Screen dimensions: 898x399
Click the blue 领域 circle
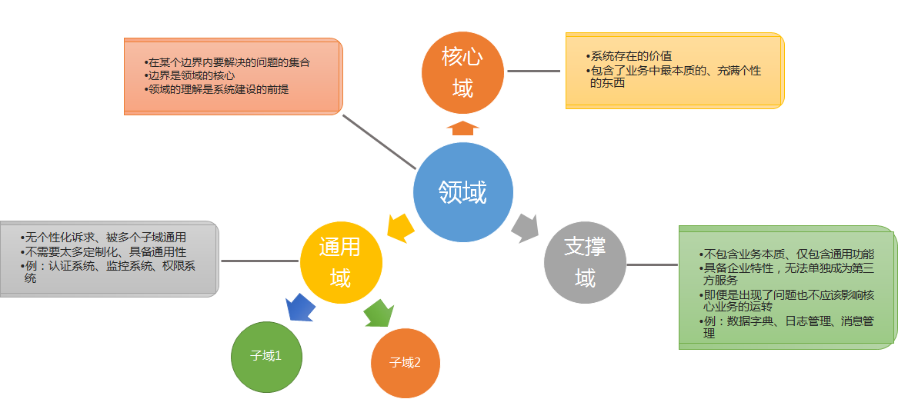462,192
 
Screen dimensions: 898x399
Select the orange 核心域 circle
462,72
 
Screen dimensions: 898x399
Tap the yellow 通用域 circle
340,262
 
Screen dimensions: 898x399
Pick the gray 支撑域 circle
585,262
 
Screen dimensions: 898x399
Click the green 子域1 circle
266,356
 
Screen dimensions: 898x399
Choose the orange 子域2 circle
406,362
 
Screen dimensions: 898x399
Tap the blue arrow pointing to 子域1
301,308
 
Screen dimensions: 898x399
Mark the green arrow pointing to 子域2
378,313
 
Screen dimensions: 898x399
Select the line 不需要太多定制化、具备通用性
104,251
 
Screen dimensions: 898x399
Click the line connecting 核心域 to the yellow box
533,71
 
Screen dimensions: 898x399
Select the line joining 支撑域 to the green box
652,264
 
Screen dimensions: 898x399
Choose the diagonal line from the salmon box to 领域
379,142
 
